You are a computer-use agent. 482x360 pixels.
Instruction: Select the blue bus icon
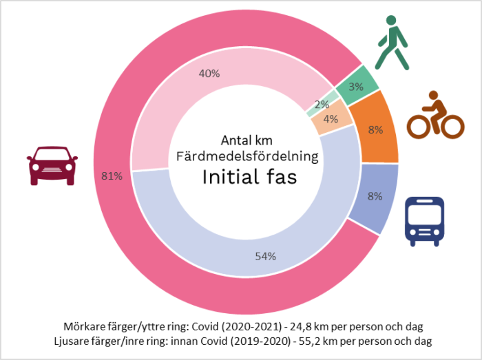pyautogui.click(x=423, y=222)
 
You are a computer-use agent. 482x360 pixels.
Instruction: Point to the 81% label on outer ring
pyautogui.click(x=111, y=176)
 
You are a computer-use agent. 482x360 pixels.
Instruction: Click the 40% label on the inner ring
pyautogui.click(x=209, y=74)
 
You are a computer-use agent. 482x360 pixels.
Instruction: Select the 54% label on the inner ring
pyautogui.click(x=265, y=256)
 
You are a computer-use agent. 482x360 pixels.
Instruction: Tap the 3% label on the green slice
pyautogui.click(x=356, y=87)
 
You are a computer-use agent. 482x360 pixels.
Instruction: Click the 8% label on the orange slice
pyautogui.click(x=376, y=129)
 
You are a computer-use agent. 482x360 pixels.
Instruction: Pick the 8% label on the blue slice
pyautogui.click(x=375, y=195)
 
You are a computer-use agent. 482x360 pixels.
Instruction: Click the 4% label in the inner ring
pyautogui.click(x=331, y=119)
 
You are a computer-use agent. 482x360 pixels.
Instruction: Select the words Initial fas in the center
pyautogui.click(x=249, y=177)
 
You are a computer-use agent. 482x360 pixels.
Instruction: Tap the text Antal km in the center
pyautogui.click(x=247, y=139)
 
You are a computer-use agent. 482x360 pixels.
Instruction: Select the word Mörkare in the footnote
pyautogui.click(x=79, y=326)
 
